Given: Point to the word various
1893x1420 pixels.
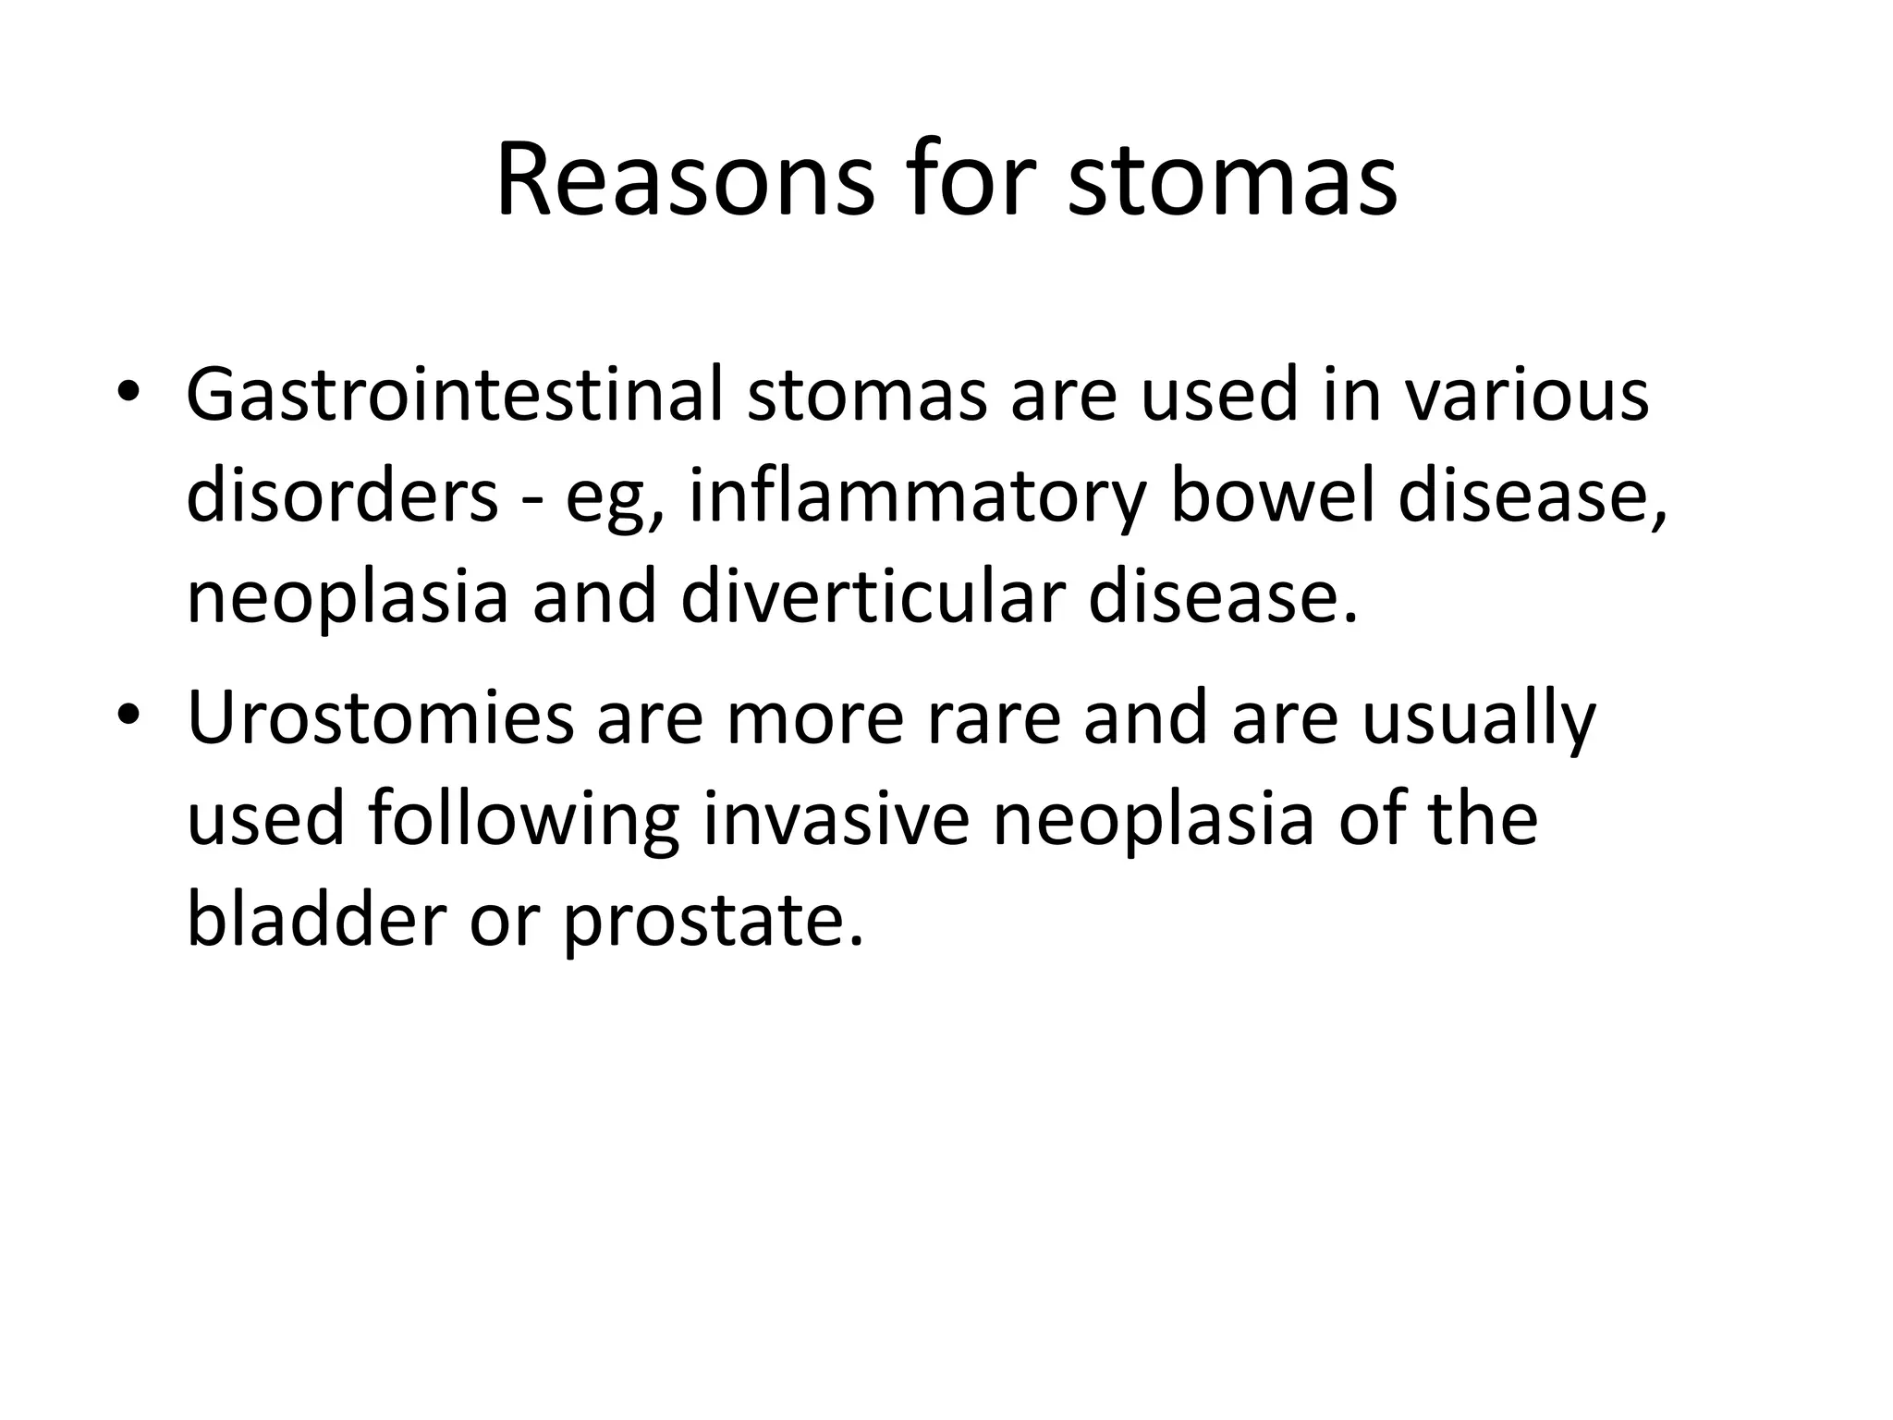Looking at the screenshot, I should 1526,395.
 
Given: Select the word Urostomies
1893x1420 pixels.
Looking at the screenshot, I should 380,718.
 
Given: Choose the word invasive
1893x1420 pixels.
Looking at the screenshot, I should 836,819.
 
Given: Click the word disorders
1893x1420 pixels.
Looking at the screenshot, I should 342,496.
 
